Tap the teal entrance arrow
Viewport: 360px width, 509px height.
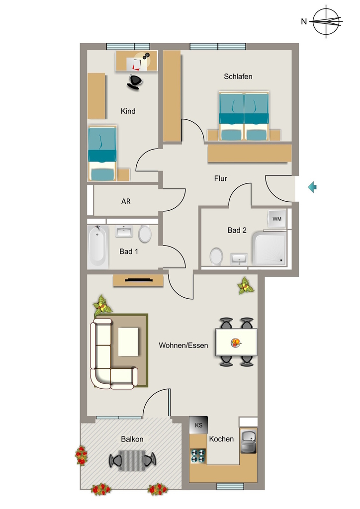pyautogui.click(x=312, y=187)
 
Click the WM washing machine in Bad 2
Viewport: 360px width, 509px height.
pyautogui.click(x=277, y=219)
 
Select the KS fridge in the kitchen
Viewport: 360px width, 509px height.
pyautogui.click(x=198, y=425)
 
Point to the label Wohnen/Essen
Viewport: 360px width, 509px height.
pyautogui.click(x=183, y=345)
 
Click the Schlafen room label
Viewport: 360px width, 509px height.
pyautogui.click(x=238, y=77)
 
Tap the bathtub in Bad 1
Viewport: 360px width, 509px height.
pyautogui.click(x=97, y=247)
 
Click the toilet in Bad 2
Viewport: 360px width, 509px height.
pyautogui.click(x=216, y=256)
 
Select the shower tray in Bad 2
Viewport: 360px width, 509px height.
pyautogui.click(x=270, y=249)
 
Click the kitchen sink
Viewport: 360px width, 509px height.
pyautogui.click(x=248, y=441)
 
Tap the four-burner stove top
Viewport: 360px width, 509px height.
pyautogui.click(x=198, y=456)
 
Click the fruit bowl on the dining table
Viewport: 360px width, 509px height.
pyautogui.click(x=236, y=342)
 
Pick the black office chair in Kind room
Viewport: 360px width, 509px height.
pyautogui.click(x=135, y=82)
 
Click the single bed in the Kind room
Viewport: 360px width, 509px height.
pyautogui.click(x=102, y=153)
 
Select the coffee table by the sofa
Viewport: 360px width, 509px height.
pyautogui.click(x=128, y=342)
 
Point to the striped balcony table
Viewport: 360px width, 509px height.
pyautogui.click(x=132, y=460)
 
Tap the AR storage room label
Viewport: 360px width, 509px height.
pyautogui.click(x=126, y=201)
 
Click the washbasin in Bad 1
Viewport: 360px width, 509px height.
pyautogui.click(x=124, y=232)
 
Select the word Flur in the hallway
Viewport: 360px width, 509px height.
pyautogui.click(x=221, y=178)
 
